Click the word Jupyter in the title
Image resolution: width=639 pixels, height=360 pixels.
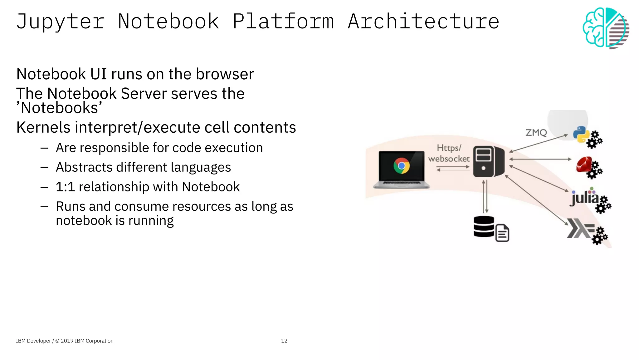pyautogui.click(x=60, y=22)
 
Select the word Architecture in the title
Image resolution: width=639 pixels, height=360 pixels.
pyautogui.click(x=423, y=22)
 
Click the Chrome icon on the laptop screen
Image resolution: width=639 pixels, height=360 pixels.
pyautogui.click(x=402, y=166)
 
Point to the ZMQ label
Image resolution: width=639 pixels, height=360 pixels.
pyautogui.click(x=536, y=133)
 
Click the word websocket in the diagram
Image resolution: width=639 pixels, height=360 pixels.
pyautogui.click(x=449, y=159)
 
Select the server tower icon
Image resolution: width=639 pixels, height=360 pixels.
pyautogui.click(x=488, y=161)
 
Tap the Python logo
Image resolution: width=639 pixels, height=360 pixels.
pyautogui.click(x=581, y=134)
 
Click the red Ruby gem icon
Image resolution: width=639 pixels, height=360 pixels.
pyautogui.click(x=584, y=165)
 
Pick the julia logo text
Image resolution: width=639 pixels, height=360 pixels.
pyautogui.click(x=585, y=198)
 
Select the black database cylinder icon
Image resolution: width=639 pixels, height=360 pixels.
pyautogui.click(x=484, y=227)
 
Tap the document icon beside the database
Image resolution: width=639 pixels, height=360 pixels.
pyautogui.click(x=502, y=233)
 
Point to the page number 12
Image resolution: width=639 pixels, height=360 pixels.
pyautogui.click(x=284, y=341)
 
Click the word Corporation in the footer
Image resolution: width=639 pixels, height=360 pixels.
pyautogui.click(x=100, y=341)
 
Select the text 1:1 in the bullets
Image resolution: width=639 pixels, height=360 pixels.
pyautogui.click(x=65, y=187)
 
